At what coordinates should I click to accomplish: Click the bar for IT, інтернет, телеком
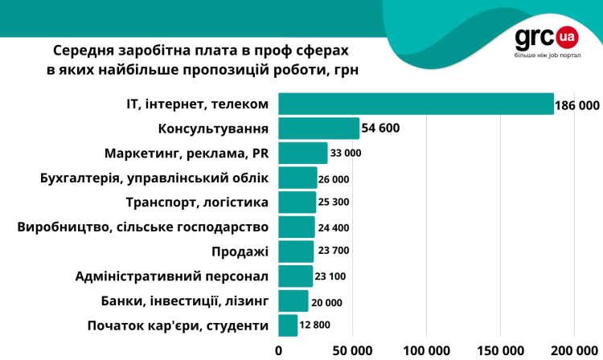point(416,104)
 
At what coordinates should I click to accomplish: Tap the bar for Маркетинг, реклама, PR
point(303,153)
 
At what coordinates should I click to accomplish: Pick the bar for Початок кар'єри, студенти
point(288,325)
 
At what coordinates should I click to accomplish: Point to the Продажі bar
point(296,252)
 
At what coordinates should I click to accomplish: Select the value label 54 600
point(380,129)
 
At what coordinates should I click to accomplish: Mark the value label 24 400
point(334,227)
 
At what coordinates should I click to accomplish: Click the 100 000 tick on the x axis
point(426,350)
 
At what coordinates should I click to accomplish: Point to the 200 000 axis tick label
point(574,350)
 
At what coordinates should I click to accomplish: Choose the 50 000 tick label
point(352,350)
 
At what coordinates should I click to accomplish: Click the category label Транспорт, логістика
point(197,202)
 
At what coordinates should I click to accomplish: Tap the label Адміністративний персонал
point(171,276)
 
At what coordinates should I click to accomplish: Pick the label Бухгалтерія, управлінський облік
point(154,178)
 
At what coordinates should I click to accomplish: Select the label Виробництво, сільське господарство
point(142,227)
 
